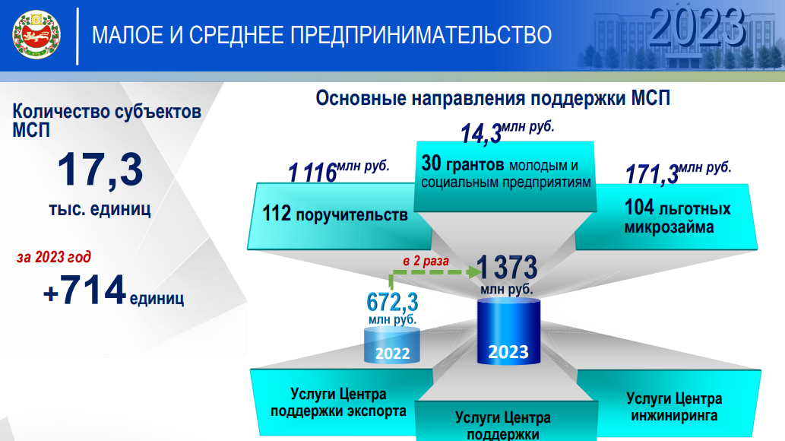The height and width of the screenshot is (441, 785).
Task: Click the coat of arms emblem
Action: coord(36,35)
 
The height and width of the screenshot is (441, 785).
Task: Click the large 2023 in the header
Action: coord(698,27)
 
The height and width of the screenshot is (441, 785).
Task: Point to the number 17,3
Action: coord(100,170)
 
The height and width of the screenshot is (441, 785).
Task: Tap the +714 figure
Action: coord(84,290)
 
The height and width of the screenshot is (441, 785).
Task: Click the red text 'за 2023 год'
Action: coord(53,257)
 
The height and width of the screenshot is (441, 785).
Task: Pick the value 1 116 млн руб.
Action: coord(338,171)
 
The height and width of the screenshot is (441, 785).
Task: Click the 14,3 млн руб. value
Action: coord(507,132)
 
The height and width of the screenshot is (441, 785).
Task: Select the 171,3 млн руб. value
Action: coord(679,173)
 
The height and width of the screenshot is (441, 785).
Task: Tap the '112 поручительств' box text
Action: coord(335,214)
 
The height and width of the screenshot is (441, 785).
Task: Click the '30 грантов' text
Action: coord(462,164)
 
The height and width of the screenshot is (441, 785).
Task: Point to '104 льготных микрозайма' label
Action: coord(677,217)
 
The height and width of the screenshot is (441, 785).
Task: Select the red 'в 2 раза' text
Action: coord(426,261)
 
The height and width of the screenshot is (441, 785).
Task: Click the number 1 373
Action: coord(507,267)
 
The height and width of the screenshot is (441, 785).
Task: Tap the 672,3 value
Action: coord(392,302)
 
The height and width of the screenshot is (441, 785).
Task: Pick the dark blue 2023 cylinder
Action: coord(508,332)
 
